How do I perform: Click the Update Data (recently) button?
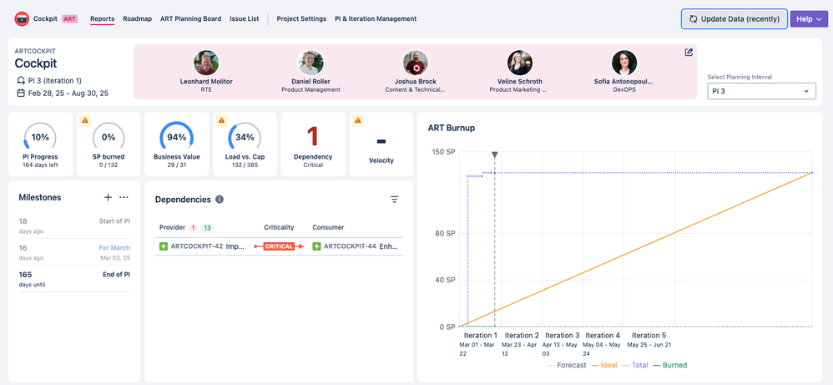(734, 18)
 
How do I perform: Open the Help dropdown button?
(808, 18)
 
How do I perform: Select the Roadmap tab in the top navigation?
(137, 18)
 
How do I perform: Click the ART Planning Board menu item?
(190, 18)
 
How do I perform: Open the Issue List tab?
(244, 18)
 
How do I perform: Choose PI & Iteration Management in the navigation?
(375, 18)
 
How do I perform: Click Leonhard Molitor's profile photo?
(206, 63)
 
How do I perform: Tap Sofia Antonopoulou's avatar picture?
(623, 63)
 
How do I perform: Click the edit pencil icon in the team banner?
(689, 53)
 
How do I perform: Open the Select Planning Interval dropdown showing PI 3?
(761, 91)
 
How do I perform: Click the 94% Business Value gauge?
(176, 137)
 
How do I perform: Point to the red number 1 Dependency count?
(313, 136)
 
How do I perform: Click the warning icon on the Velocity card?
(358, 121)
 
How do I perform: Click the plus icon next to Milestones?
(108, 198)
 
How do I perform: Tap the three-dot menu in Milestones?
(124, 198)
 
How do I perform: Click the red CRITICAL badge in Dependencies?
(279, 246)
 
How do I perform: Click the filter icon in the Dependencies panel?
(394, 200)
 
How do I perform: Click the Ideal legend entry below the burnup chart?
(607, 365)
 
